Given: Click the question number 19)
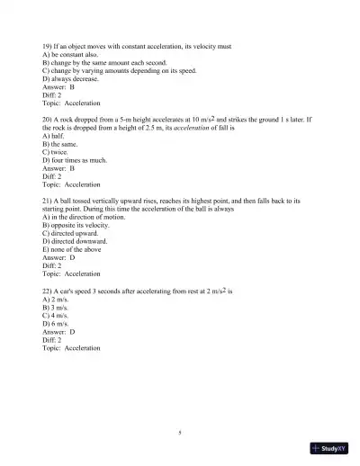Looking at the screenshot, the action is click(48, 44).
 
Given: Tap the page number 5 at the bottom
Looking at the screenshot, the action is click(180, 434).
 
